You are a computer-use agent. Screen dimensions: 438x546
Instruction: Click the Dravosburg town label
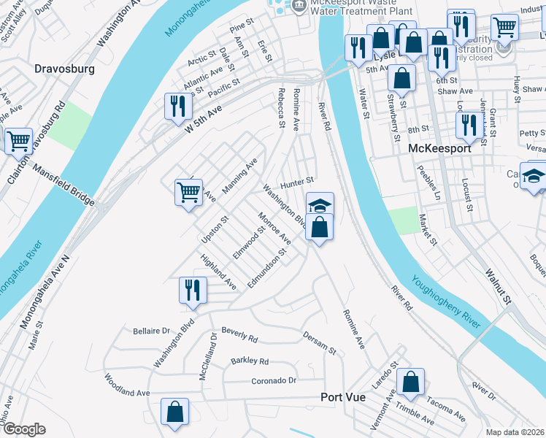65,70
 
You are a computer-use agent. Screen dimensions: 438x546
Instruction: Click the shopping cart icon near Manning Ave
188,193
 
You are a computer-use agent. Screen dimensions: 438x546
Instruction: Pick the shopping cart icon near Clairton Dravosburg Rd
18,142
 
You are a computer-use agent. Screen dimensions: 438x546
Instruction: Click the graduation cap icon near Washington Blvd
320,204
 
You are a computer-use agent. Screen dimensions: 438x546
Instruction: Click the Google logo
23,429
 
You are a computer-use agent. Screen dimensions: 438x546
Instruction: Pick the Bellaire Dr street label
151,331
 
